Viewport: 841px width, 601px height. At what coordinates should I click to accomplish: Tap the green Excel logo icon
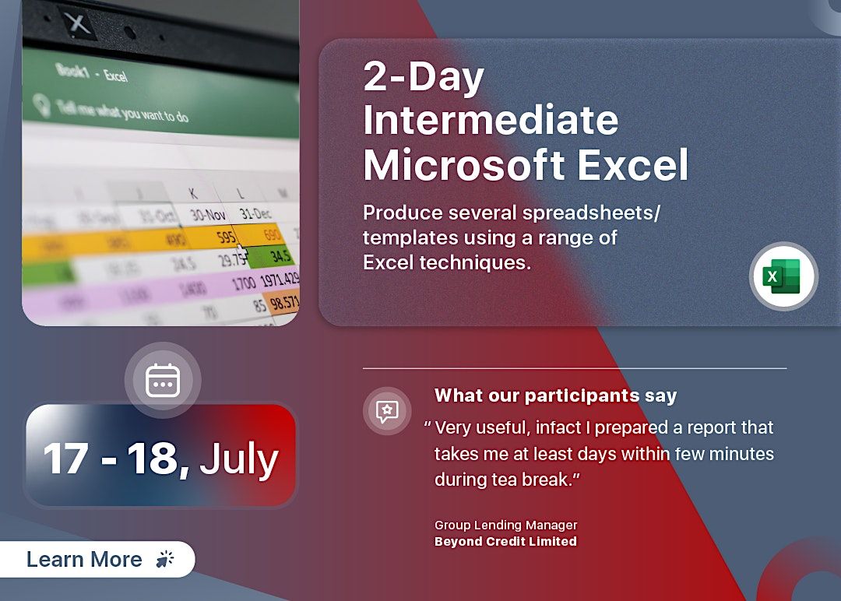click(x=783, y=276)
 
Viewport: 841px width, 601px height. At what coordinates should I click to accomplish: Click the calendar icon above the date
click(x=163, y=380)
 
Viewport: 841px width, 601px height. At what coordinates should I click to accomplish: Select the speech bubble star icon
click(x=387, y=411)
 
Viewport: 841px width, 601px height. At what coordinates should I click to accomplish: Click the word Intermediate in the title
click(x=491, y=121)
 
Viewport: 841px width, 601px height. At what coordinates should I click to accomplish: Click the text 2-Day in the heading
click(x=424, y=77)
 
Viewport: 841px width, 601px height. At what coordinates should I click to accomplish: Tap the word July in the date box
click(x=239, y=459)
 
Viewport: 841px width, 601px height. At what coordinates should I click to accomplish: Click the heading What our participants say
click(x=555, y=395)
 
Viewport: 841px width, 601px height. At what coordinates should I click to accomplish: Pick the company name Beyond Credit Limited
click(x=505, y=541)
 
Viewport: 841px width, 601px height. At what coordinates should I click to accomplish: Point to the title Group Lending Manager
click(x=505, y=525)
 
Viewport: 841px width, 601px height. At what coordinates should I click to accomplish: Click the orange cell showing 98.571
click(x=283, y=302)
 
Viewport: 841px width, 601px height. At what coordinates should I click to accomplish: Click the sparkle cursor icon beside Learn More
click(x=165, y=559)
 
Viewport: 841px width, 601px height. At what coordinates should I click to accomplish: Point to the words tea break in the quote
click(x=530, y=479)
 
